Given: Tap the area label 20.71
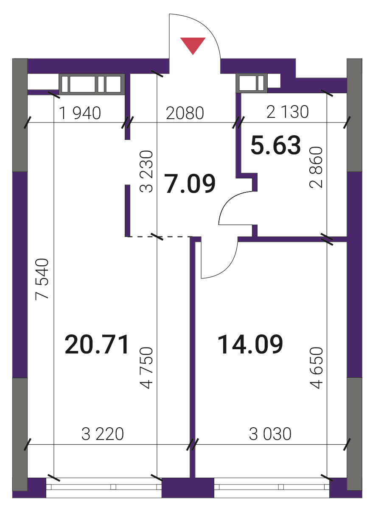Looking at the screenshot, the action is click(x=97, y=345).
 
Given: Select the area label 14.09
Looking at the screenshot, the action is click(x=250, y=344).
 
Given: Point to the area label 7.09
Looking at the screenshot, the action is click(x=190, y=184).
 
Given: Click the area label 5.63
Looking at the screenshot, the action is click(x=275, y=145).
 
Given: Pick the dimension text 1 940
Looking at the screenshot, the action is click(x=80, y=113).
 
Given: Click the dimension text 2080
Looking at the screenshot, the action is click(x=185, y=113).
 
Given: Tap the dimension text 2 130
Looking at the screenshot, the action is click(x=288, y=112).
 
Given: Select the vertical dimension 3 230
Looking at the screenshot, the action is click(x=146, y=171).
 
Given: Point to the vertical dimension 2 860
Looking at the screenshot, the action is click(x=316, y=167).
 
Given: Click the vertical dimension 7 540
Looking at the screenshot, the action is click(x=42, y=279).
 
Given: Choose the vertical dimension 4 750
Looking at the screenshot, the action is click(x=146, y=368).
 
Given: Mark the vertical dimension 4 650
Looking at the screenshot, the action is click(x=316, y=368).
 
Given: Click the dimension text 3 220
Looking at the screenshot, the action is click(x=103, y=434).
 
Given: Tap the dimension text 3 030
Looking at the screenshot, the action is click(x=270, y=434).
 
